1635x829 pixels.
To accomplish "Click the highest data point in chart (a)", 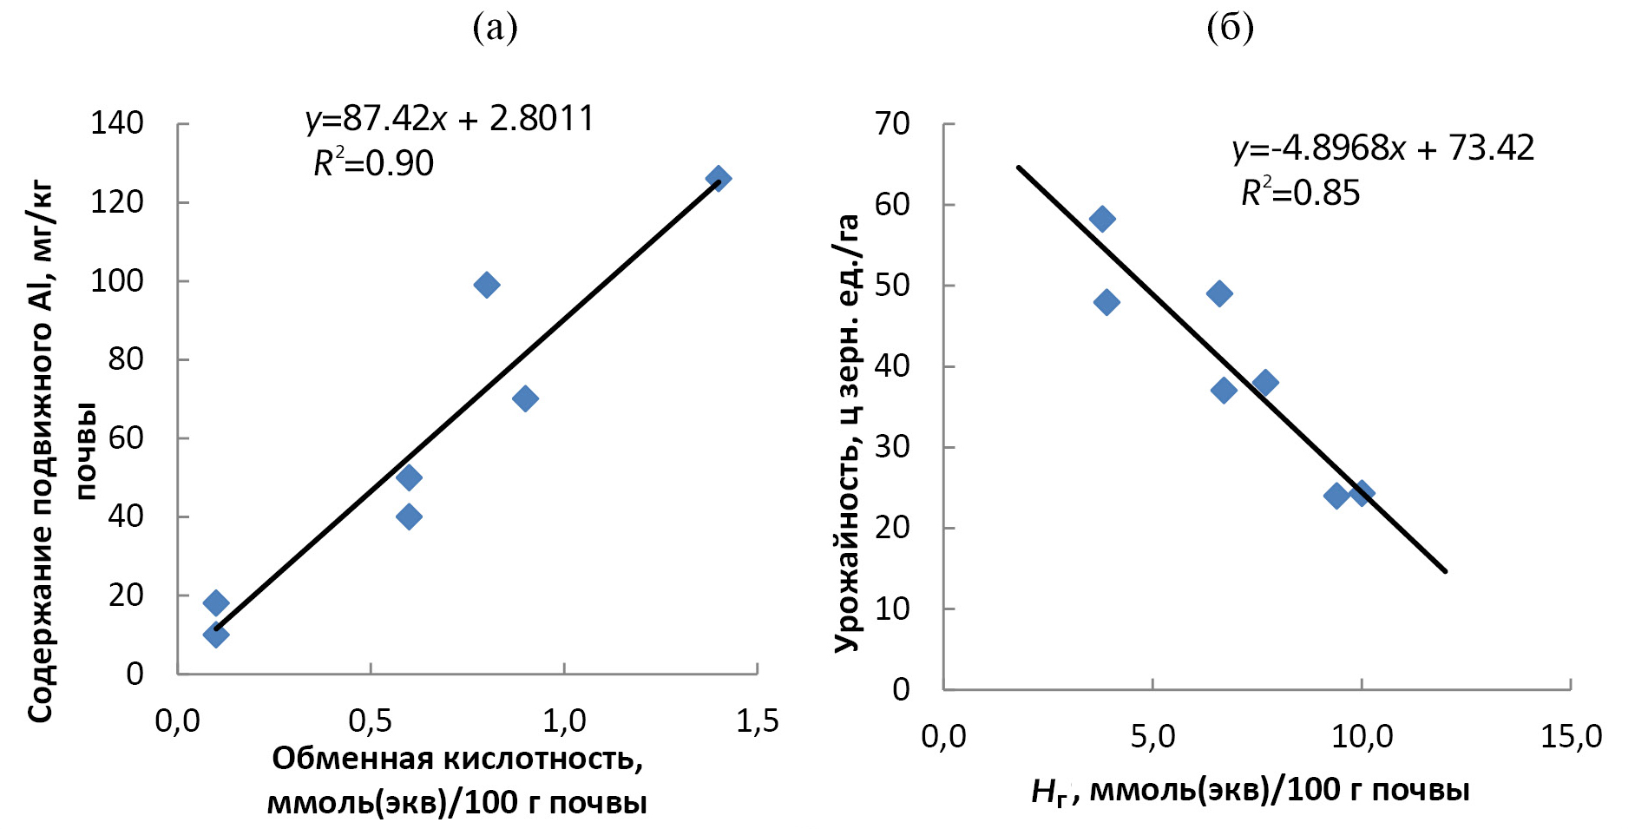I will tap(718, 179).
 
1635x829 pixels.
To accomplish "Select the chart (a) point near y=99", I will tap(487, 285).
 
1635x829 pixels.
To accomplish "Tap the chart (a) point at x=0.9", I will tap(525, 398).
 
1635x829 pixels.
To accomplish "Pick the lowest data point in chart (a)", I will tap(216, 635).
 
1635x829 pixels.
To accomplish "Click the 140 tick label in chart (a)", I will tap(117, 123).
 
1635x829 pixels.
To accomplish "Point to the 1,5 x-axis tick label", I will tap(758, 720).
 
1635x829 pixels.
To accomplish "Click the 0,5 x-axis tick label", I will tap(371, 720).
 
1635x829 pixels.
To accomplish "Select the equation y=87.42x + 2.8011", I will tap(450, 119).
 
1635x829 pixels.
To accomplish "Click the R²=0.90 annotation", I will tap(373, 163).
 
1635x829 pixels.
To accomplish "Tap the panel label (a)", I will tap(495, 28).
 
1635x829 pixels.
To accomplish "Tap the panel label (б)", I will tap(1230, 28).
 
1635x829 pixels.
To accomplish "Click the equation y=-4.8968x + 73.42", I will tap(1383, 148).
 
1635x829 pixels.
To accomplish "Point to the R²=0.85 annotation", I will tap(1300, 193).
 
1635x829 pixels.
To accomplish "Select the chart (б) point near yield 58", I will tap(1102, 219).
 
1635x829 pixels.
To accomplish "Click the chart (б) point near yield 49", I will tap(1219, 293).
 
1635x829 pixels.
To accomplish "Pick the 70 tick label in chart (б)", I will tap(892, 124).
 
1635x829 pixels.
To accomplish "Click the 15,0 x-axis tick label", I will tap(1571, 737).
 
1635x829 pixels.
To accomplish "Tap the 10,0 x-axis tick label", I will tap(1362, 737).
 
